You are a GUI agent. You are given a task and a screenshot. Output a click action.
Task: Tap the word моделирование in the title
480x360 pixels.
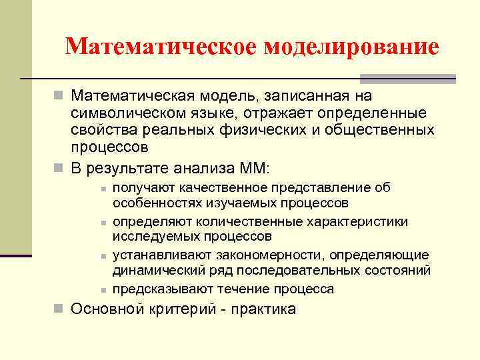352,47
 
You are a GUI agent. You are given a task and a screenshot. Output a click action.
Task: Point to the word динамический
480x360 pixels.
153,271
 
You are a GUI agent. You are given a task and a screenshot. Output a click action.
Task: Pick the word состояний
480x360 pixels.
398,271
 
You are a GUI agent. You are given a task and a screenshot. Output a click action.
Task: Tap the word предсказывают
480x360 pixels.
159,289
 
